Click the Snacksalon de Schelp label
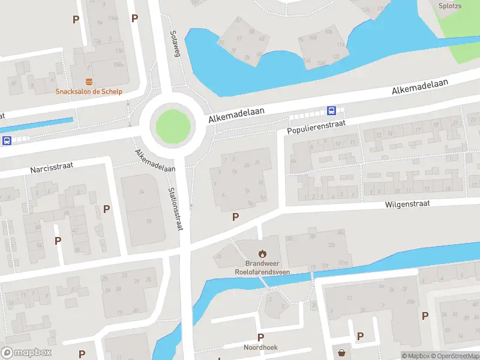[89, 91]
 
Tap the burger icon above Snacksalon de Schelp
[89, 82]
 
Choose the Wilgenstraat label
[407, 204]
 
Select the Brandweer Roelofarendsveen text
[262, 268]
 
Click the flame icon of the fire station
[262, 254]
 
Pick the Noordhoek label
[260, 347]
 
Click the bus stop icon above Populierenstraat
[331, 110]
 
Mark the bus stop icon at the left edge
[7, 141]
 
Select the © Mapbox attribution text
[416, 356]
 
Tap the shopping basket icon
[341, 353]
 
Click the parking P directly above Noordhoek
[260, 338]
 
